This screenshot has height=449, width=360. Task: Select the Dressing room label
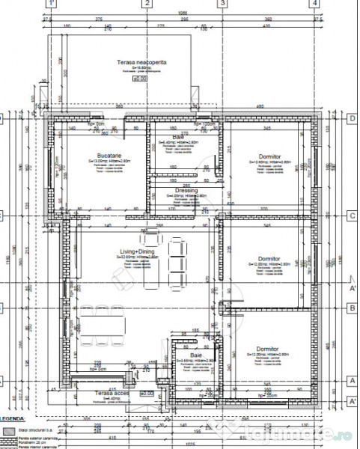(186, 191)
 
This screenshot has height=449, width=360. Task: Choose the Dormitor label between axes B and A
(267, 349)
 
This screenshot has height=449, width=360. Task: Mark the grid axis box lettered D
(352, 118)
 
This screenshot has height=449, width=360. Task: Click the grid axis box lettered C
(352, 215)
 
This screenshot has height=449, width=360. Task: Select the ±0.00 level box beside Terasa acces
(147, 392)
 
